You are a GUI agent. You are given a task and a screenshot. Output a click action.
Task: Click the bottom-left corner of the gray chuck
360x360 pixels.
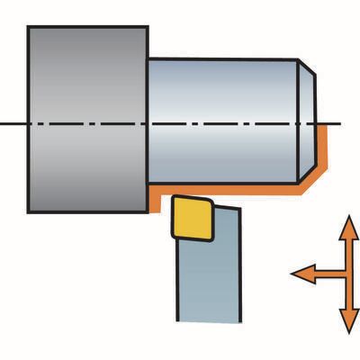click(29, 212)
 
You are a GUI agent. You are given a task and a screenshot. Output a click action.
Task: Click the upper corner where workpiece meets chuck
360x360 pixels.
click(148, 59)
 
